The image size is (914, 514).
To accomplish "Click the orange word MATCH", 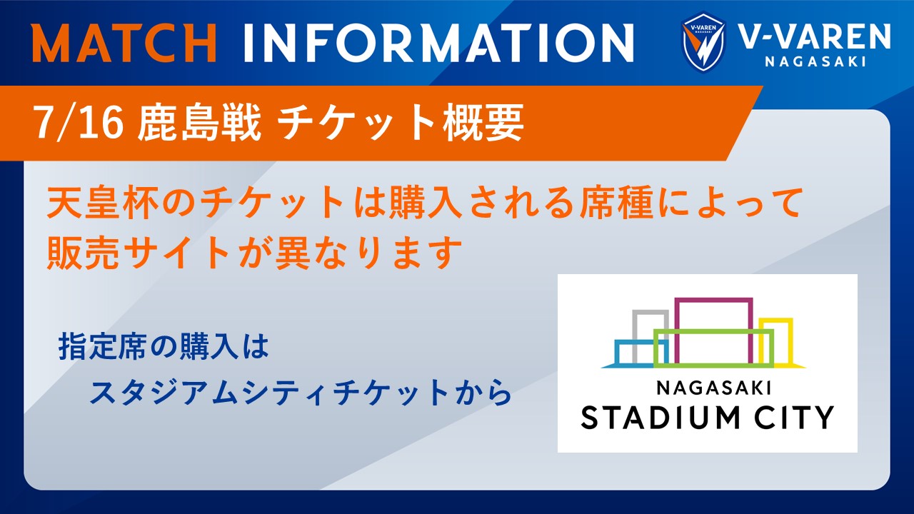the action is click(124, 43).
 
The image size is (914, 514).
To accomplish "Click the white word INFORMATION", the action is click(439, 43).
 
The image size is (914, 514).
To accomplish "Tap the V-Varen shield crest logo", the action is click(703, 42).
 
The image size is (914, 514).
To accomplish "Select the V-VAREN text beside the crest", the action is click(815, 36).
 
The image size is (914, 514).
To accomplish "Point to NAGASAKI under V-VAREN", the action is click(815, 61).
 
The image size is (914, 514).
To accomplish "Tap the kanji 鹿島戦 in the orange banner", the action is click(199, 122).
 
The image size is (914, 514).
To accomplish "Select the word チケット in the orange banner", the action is click(353, 122).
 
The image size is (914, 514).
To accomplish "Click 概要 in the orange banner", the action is click(484, 122).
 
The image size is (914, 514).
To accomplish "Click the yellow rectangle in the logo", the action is click(790, 342).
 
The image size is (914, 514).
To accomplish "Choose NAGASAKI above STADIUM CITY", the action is click(713, 388).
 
